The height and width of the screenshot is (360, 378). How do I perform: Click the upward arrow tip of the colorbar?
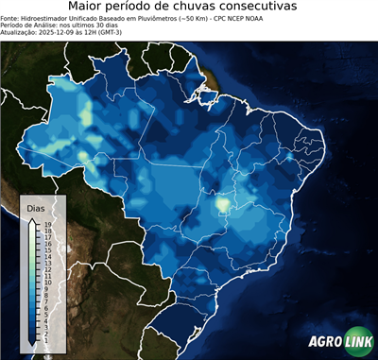tap(31, 219)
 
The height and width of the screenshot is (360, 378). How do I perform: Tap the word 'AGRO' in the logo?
tap(323, 342)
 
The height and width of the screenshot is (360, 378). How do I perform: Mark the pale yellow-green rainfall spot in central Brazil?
tap(222, 202)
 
